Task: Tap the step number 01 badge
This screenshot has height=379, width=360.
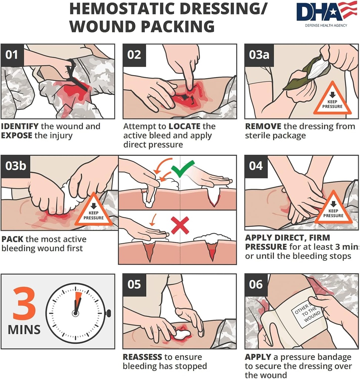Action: coord(12,55)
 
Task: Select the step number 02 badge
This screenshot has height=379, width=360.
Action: coord(134,55)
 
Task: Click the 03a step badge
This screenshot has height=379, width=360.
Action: coord(259,55)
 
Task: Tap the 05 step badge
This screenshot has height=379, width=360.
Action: coord(134,285)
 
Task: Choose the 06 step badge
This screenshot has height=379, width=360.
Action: coord(256,285)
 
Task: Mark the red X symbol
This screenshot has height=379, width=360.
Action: coord(180,225)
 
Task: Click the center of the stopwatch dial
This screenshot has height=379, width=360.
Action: coord(76,313)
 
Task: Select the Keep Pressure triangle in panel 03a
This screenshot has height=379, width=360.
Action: coord(332,100)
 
